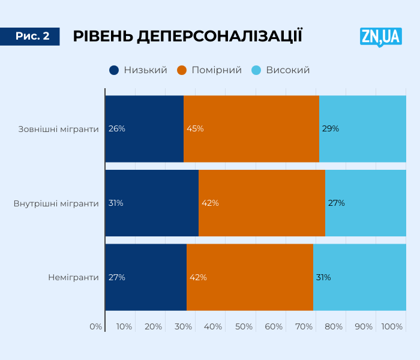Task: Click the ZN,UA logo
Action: pyautogui.click(x=380, y=37)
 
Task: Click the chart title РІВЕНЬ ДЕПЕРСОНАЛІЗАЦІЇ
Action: pyautogui.click(x=187, y=37)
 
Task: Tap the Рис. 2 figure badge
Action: pyautogui.click(x=32, y=37)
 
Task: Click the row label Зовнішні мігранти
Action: pyautogui.click(x=58, y=128)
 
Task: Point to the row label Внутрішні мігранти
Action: pyautogui.click(x=56, y=203)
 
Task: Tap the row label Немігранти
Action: pyautogui.click(x=73, y=277)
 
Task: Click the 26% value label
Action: pyautogui.click(x=116, y=128)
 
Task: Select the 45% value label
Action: pyautogui.click(x=195, y=128)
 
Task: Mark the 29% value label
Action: pyautogui.click(x=331, y=128)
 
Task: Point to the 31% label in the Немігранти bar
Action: pyautogui.click(x=323, y=277)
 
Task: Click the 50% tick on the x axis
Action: pyautogui.click(x=244, y=326)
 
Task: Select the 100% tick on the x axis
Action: pyautogui.click(x=392, y=326)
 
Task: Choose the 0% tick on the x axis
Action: pyautogui.click(x=96, y=326)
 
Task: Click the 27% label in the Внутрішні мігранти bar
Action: pyautogui.click(x=336, y=203)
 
